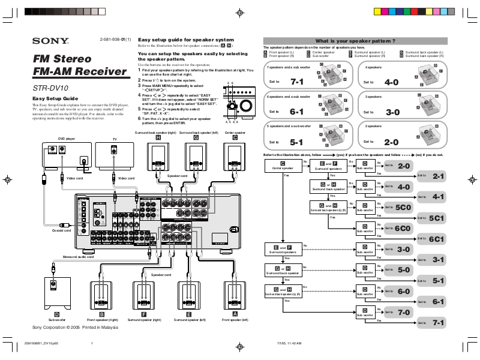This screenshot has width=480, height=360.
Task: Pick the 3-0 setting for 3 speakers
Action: [392, 112]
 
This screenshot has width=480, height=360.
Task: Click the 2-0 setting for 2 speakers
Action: [391, 142]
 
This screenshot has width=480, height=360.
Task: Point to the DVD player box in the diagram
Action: [66, 155]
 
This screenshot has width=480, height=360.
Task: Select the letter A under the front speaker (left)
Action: [235, 314]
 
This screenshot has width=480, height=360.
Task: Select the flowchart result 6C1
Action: [436, 239]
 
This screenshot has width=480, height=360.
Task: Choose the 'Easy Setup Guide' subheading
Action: [56, 98]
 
